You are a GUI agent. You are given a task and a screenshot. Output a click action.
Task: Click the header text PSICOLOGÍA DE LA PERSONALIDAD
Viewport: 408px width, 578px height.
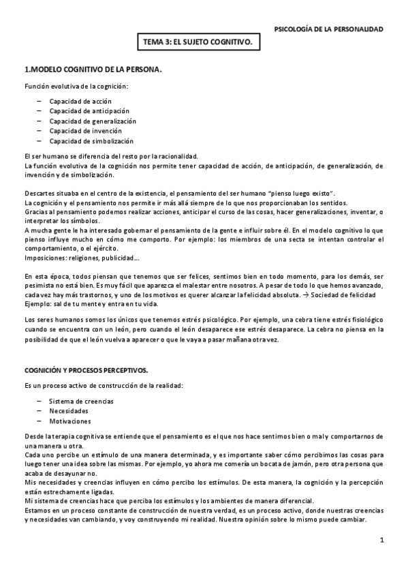coord(328,29)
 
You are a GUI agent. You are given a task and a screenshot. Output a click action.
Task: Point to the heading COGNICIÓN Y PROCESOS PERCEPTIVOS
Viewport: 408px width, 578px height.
coord(86,369)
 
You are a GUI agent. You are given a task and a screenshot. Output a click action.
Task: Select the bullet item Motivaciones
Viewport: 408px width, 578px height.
coord(70,421)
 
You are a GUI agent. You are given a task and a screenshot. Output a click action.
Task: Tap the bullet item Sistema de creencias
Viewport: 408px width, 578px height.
coord(81,401)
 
